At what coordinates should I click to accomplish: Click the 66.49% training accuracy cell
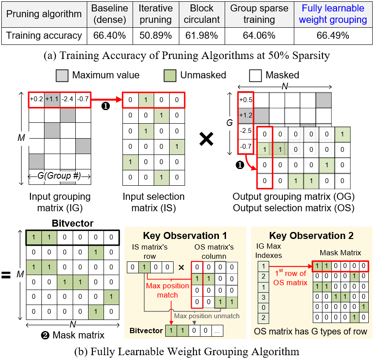tap(333, 36)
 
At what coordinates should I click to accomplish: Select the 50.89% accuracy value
tap(156, 36)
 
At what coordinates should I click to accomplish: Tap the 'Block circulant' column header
tap(202, 14)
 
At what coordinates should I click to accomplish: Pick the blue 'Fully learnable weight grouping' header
tap(333, 14)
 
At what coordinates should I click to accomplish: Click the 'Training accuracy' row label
tap(44, 36)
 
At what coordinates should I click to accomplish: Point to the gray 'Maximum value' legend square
tap(62, 76)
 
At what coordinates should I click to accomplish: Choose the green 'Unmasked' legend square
tap(170, 76)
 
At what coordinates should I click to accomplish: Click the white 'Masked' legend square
tap(255, 76)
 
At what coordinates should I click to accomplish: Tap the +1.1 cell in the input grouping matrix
tap(52, 99)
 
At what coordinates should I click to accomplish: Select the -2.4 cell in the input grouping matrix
tap(67, 99)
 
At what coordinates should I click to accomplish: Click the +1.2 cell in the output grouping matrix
tap(246, 115)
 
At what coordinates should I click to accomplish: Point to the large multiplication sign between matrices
tap(206, 139)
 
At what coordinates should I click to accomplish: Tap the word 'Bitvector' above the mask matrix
tap(73, 223)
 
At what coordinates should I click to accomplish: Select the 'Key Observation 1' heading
tap(185, 235)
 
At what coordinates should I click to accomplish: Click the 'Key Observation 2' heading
tap(311, 235)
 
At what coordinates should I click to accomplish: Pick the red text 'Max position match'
tap(167, 290)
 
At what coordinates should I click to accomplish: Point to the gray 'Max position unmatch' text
tap(207, 316)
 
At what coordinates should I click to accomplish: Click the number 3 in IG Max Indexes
tap(263, 298)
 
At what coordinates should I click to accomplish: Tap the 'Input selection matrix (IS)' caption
tap(154, 202)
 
